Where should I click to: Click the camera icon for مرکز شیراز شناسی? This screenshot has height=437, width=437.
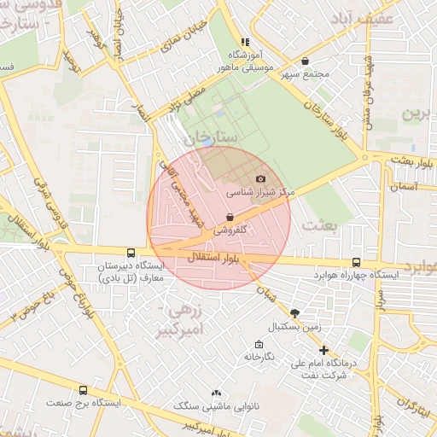click(x=260, y=179)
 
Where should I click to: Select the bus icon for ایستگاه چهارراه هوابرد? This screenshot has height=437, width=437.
click(x=355, y=264)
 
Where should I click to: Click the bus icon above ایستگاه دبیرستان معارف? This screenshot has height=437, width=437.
click(x=130, y=253)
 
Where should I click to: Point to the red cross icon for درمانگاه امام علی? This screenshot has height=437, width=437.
click(x=323, y=350)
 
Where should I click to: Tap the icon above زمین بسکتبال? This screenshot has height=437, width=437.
click(x=294, y=313)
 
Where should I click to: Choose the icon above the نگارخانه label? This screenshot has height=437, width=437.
click(x=259, y=344)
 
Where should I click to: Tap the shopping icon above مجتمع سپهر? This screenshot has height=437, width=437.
click(x=306, y=61)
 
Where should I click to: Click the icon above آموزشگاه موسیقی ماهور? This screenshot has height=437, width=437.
click(x=245, y=41)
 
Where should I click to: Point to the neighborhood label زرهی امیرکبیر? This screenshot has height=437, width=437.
click(x=182, y=319)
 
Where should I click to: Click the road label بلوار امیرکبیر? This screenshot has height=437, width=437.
click(x=184, y=426)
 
